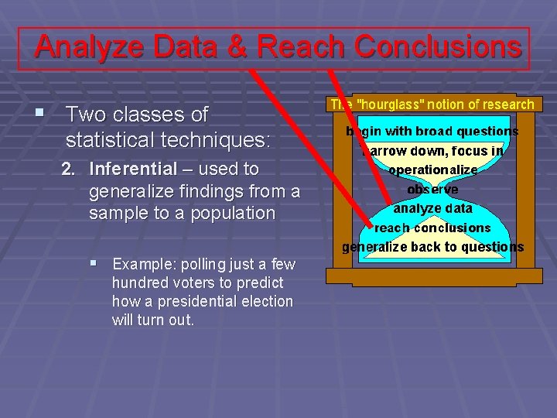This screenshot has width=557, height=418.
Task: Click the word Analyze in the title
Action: pos(90,48)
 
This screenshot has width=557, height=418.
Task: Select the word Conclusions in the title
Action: pos(438,48)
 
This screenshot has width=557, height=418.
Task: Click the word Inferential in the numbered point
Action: pos(133,169)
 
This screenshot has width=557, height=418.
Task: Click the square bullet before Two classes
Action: pos(39,114)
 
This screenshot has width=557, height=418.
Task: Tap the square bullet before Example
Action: pos(94,264)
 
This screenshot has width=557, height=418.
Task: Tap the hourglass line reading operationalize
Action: pos(432,170)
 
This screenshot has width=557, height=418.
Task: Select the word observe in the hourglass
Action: pos(432,190)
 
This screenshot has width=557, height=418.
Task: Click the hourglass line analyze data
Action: pos(432,208)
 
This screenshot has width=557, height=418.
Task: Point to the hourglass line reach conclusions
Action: pos(432,228)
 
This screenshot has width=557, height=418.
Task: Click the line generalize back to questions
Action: pos(432,248)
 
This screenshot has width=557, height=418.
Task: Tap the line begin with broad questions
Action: pos(432,132)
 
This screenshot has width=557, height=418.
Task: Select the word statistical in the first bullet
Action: pos(113,141)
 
